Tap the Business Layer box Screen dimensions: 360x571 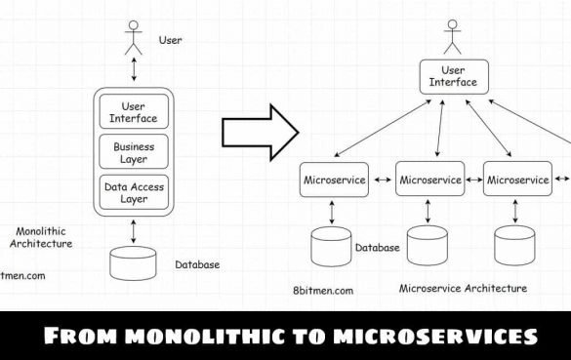click(x=133, y=151)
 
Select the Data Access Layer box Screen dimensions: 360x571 click(x=133, y=192)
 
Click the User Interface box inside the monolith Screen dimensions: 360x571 click(x=133, y=111)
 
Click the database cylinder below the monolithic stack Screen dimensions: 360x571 click(x=133, y=264)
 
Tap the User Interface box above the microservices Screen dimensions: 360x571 click(x=453, y=76)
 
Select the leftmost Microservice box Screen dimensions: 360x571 click(x=334, y=180)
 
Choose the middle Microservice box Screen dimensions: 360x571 click(x=429, y=180)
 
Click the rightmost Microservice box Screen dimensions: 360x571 click(x=516, y=180)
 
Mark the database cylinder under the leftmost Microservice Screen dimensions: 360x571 click(x=331, y=246)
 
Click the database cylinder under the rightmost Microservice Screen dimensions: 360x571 click(x=514, y=247)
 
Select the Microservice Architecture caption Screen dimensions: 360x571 click(x=463, y=289)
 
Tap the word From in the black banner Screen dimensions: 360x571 click(x=79, y=337)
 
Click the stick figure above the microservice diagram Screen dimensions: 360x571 click(x=452, y=37)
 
